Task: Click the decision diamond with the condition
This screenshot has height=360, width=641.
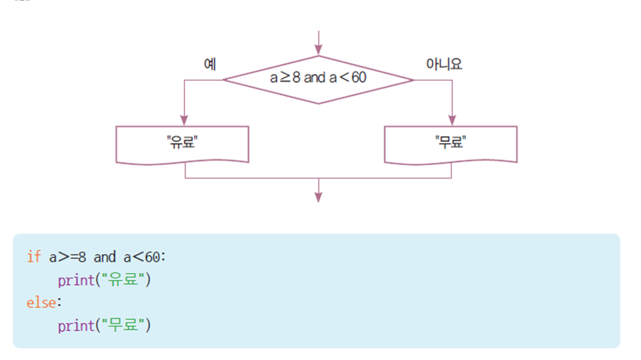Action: pyautogui.click(x=318, y=80)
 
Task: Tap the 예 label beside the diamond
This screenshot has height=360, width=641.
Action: pyautogui.click(x=210, y=65)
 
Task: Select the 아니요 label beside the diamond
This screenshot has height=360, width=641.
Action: pyautogui.click(x=444, y=65)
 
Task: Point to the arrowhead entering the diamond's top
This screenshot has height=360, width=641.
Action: pyautogui.click(x=319, y=50)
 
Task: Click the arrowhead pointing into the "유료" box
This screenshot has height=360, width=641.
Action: pyautogui.click(x=184, y=120)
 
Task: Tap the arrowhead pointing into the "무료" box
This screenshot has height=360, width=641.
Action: pyautogui.click(x=451, y=120)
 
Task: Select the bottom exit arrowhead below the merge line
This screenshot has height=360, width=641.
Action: pyautogui.click(x=319, y=196)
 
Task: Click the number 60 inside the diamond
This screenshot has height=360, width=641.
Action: pyautogui.click(x=359, y=78)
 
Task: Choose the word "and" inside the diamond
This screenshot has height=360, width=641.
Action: pyautogui.click(x=315, y=78)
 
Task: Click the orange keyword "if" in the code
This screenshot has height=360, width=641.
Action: pyautogui.click(x=33, y=257)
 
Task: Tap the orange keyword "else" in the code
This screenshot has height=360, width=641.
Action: pyautogui.click(x=41, y=303)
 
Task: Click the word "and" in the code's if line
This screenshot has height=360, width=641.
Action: pyautogui.click(x=104, y=257)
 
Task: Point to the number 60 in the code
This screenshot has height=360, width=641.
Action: pyautogui.click(x=153, y=257)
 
